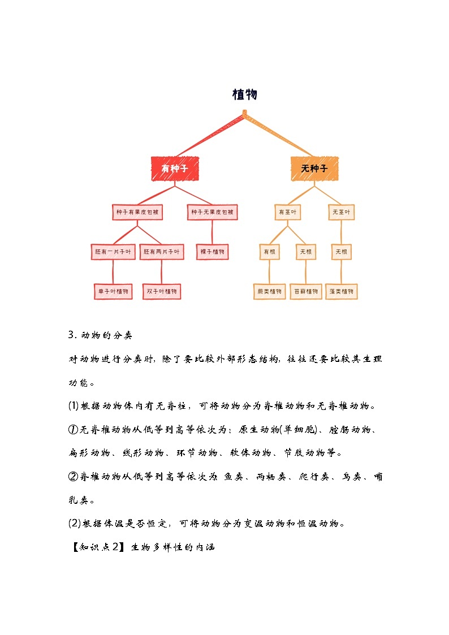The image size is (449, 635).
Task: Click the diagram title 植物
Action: tap(244, 94)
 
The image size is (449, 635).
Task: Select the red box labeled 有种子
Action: tap(174, 168)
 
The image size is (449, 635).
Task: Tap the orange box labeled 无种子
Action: tap(314, 168)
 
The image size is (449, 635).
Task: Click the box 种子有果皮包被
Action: tap(137, 213)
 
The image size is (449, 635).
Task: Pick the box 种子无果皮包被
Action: tap(212, 213)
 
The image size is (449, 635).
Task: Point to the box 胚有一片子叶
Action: tap(113, 252)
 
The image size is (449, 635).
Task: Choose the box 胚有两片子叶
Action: tap(162, 252)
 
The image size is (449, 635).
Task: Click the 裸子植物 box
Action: tap(213, 252)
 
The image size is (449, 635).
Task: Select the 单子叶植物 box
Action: tap(113, 291)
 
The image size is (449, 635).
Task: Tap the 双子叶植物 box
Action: tap(162, 291)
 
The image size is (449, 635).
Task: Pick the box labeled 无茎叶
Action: tap(341, 213)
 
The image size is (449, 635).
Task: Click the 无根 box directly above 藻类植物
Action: tap(341, 252)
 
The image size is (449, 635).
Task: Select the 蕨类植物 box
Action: tap(269, 291)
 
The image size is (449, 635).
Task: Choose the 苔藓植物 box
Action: tap(306, 291)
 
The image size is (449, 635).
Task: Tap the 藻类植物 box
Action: tap(342, 291)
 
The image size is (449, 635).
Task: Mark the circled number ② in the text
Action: tap(73, 477)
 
